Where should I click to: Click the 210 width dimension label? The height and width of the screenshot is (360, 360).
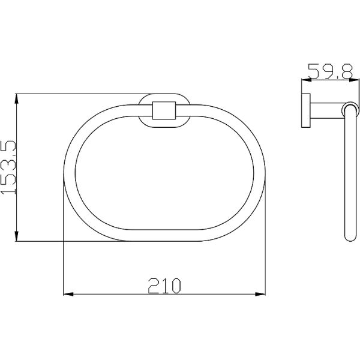pyautogui.click(x=164, y=286)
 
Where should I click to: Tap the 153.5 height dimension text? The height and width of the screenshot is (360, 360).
pyautogui.click(x=8, y=167)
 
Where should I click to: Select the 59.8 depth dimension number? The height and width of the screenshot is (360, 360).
pyautogui.click(x=330, y=71)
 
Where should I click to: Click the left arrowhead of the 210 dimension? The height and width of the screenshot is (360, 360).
pyautogui.click(x=68, y=294)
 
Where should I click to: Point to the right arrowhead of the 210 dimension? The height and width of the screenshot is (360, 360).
pyautogui.click(x=260, y=294)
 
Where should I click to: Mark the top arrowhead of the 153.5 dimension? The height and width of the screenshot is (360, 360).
pyautogui.click(x=16, y=99)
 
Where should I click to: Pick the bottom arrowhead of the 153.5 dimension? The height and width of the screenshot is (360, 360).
pyautogui.click(x=16, y=236)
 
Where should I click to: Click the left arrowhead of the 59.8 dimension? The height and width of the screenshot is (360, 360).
pyautogui.click(x=307, y=80)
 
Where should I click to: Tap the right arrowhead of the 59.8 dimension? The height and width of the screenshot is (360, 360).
pyautogui.click(x=354, y=80)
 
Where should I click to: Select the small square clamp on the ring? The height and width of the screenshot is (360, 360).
pyautogui.click(x=164, y=110)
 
